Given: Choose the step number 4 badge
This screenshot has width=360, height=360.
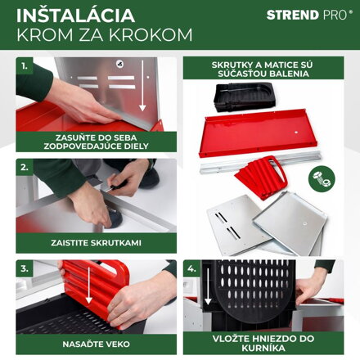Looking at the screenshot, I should click(191, 268).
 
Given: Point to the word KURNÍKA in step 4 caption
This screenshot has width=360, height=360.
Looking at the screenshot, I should click(263, 349).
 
